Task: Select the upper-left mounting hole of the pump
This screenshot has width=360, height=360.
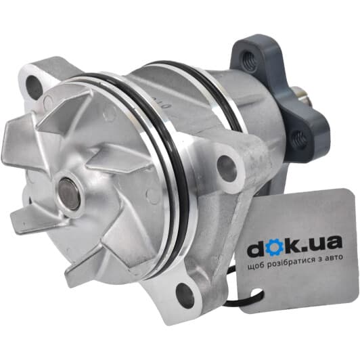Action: point(33,85)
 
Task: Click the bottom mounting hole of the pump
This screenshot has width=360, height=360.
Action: point(183,293)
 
